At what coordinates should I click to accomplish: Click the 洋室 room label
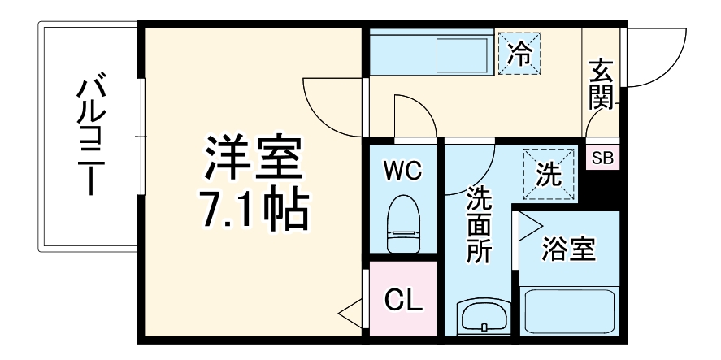[x=254, y=158]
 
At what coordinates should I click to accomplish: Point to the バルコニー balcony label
[x=92, y=133]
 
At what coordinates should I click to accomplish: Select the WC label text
[x=403, y=172]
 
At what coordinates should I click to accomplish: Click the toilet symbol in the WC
[x=403, y=223]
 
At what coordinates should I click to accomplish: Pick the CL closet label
[x=403, y=301]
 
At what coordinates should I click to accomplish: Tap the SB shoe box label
[x=602, y=158]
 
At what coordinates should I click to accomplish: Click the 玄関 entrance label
[x=601, y=84]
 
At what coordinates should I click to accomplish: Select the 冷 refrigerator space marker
[x=519, y=54]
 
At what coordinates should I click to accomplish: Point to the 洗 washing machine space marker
[x=549, y=174]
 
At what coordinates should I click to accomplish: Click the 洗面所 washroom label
[x=479, y=225]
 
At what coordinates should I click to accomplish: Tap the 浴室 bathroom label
[x=569, y=249]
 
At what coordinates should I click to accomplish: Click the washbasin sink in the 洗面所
[x=484, y=316]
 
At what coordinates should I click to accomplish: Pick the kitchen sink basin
[x=462, y=55]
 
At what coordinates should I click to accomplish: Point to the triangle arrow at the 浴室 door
[x=530, y=226]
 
